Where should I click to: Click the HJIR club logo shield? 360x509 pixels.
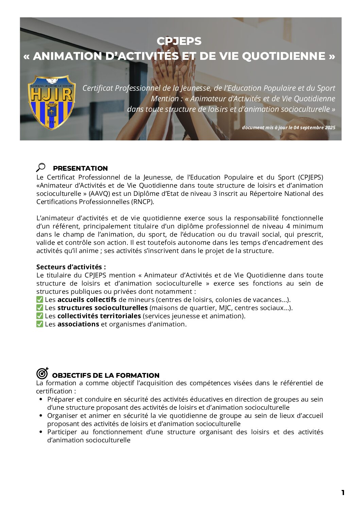coord(51,102)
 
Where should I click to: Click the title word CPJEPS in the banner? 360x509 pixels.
coord(179,41)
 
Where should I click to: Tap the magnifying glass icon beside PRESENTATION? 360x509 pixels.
coord(41,167)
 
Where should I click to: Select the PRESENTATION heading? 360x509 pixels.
coord(80,168)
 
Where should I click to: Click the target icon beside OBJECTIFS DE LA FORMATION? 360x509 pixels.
coord(42,373)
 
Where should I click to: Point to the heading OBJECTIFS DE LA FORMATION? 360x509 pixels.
coord(106,375)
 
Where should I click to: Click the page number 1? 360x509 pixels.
coord(343,492)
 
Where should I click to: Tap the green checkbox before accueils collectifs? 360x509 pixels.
coord(40,300)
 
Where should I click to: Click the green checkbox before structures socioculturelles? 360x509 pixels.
coord(40,308)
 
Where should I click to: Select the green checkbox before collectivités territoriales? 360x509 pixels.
coord(40,316)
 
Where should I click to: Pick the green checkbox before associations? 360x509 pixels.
coord(40,324)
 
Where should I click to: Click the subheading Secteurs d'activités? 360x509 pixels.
coord(71,267)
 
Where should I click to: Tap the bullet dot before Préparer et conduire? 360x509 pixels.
coord(41,399)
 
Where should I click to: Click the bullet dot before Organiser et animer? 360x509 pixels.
coord(41,415)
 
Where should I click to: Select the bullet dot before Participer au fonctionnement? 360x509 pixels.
coord(41,432)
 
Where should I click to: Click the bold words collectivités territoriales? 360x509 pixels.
coord(99,316)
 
